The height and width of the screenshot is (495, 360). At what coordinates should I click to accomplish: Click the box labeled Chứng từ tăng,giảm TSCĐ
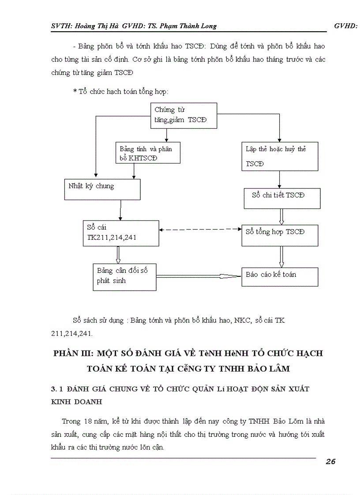[184, 115]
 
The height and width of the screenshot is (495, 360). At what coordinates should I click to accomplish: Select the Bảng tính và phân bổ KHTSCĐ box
[149, 153]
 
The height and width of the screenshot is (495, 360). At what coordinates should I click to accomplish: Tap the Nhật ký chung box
[102, 190]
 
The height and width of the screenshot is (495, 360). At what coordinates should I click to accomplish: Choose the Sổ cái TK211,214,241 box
[120, 233]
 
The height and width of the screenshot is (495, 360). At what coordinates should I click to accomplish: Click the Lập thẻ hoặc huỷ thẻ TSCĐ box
[280, 156]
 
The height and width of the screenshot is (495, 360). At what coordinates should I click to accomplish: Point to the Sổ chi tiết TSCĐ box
[282, 198]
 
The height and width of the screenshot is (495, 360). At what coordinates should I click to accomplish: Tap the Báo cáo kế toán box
[280, 276]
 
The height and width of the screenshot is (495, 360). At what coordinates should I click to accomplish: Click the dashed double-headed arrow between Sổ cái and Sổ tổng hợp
[200, 230]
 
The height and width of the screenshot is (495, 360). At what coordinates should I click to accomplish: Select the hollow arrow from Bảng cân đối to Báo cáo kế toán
[199, 276]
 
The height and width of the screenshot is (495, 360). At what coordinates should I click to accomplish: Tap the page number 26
[330, 462]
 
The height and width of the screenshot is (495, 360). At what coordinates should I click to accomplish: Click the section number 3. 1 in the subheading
[57, 389]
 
